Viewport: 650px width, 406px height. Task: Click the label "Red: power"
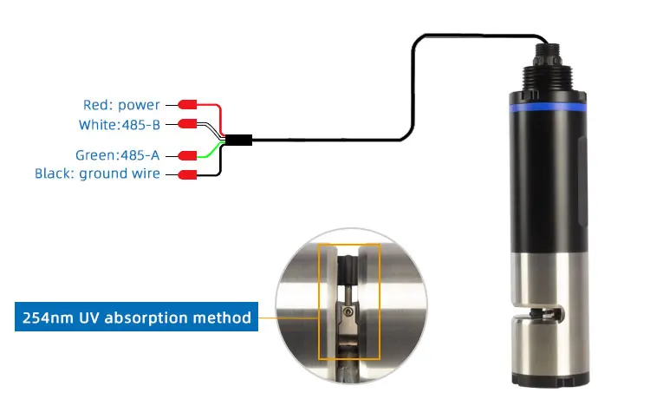[121, 105]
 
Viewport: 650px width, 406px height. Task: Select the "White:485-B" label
[120, 125]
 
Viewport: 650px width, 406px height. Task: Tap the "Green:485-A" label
[117, 154]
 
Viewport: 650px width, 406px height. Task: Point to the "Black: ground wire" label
[97, 174]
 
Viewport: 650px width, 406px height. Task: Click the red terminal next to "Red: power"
[187, 105]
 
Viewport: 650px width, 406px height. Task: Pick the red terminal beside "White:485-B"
[187, 124]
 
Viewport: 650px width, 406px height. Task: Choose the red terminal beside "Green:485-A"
[187, 155]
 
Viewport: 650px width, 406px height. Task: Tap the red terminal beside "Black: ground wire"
[187, 174]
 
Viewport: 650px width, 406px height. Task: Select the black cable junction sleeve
[239, 141]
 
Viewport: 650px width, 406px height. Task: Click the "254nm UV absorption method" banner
[136, 317]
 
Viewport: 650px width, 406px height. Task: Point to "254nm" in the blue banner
[47, 318]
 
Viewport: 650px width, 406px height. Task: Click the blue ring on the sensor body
[547, 108]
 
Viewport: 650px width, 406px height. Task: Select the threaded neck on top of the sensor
[547, 77]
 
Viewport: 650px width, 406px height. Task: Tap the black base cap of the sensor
[550, 379]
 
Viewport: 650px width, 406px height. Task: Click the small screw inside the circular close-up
[348, 311]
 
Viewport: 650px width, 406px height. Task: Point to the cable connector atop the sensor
[547, 53]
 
